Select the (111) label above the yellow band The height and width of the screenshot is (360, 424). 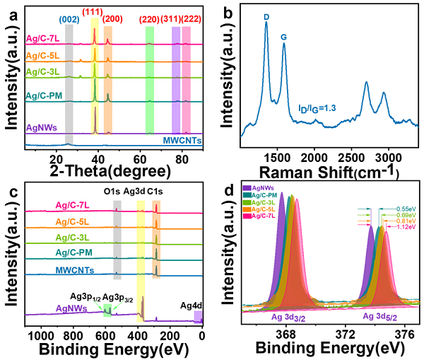(94, 12)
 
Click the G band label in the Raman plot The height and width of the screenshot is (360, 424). (284, 35)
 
